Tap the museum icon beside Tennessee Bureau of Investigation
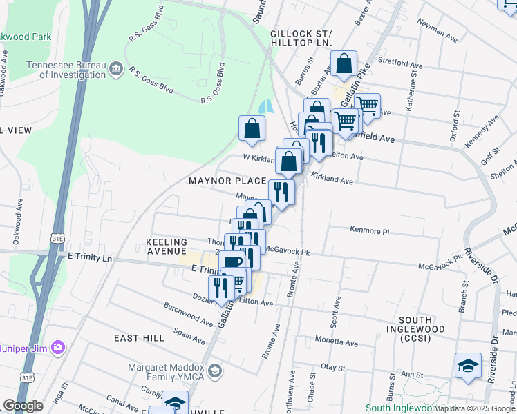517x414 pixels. [x=115, y=69]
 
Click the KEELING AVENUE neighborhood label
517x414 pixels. [x=167, y=246]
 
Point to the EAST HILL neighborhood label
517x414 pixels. [x=141, y=338]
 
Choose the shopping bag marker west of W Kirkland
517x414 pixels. [x=252, y=128]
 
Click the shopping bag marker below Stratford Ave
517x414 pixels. [x=344, y=63]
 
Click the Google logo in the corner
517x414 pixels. [x=23, y=406]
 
